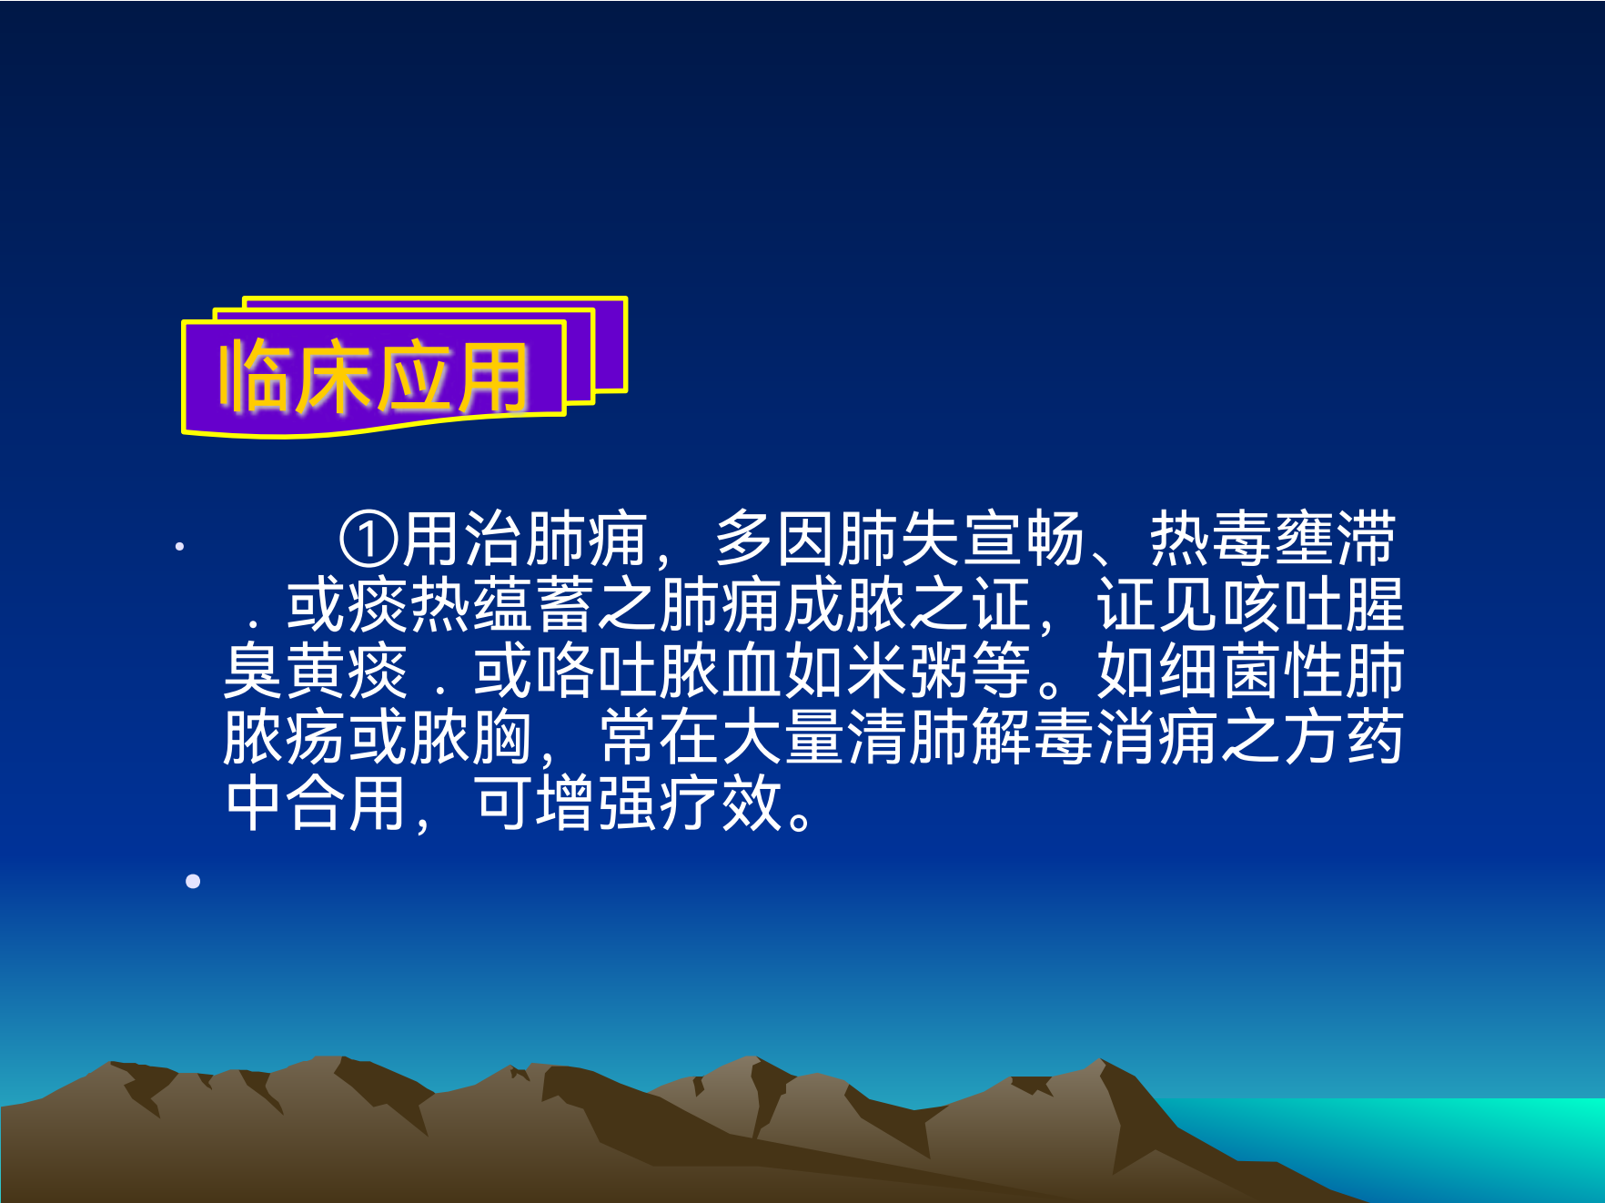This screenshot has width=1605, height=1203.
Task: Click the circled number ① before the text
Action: coord(368,540)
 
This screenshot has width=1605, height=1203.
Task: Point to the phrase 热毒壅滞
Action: coord(1273,540)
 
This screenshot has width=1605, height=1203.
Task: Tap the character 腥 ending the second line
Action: coord(1375,605)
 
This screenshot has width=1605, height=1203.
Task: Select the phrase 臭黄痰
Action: coord(316,671)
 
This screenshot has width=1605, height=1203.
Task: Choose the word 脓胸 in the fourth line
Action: coord(471,737)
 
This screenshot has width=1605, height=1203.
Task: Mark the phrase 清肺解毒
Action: coord(971,737)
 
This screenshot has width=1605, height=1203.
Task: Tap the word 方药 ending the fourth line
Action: coord(1344,737)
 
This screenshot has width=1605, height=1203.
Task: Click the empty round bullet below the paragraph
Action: coord(193,881)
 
